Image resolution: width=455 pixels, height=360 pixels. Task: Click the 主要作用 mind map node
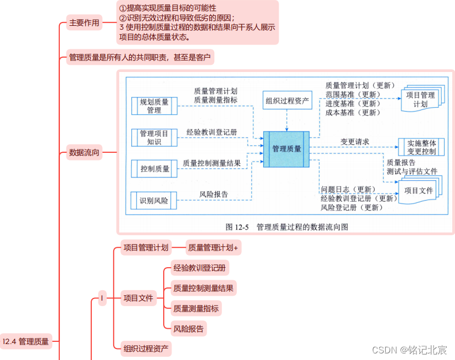(84, 23)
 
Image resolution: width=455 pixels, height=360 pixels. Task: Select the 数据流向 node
(84, 152)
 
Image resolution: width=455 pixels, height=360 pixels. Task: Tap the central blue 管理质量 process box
(286, 149)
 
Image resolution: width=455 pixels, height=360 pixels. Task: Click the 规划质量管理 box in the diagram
(154, 106)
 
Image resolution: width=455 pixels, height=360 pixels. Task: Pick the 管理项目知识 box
(154, 137)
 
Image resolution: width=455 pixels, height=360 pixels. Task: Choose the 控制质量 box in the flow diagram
(154, 169)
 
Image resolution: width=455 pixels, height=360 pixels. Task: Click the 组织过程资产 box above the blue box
(287, 101)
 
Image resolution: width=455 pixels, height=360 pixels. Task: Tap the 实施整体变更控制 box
(421, 147)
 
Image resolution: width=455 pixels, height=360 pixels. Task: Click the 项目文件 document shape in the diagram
(419, 191)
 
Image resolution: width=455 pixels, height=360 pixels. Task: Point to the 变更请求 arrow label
(354, 142)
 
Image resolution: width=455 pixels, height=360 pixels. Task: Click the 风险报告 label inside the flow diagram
(213, 194)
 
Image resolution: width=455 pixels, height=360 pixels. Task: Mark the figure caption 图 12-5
(286, 226)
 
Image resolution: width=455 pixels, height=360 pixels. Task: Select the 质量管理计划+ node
(213, 248)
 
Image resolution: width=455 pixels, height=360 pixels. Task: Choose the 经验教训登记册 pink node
(199, 268)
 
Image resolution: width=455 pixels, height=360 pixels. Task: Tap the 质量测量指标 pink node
(195, 308)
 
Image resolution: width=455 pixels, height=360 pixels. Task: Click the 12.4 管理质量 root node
(25, 341)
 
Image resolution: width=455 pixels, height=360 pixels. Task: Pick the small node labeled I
(102, 298)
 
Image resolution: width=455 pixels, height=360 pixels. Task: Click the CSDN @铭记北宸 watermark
(409, 350)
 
